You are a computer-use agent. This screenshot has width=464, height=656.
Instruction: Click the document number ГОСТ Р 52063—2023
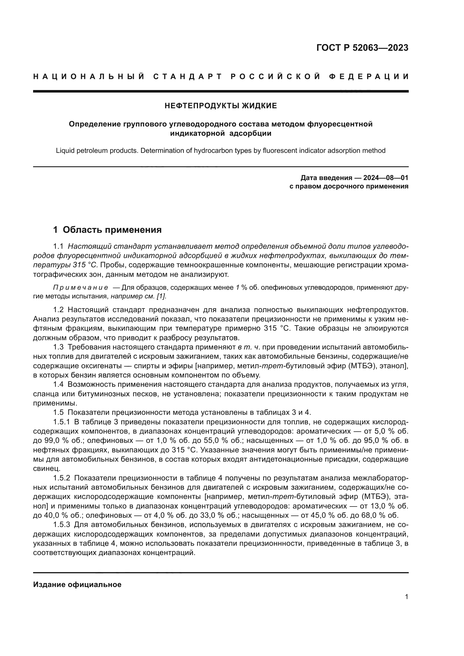(362, 48)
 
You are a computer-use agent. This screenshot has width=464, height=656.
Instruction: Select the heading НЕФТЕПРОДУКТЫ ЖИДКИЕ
(220, 106)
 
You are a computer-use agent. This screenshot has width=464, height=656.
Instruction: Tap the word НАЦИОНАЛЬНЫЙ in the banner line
(89, 77)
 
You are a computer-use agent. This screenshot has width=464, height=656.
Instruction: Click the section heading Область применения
(112, 230)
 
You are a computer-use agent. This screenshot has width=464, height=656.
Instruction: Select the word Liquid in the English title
(64, 151)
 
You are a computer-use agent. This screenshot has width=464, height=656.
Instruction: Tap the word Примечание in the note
(81, 288)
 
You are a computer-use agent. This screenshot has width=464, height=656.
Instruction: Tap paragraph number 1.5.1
(61, 422)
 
